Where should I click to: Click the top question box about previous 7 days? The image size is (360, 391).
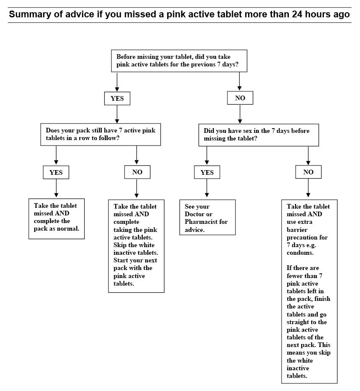coord(179,61)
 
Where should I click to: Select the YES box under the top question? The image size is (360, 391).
coord(117,99)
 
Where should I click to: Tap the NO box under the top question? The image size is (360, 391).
coord(240,99)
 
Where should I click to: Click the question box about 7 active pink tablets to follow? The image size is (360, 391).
coord(100,134)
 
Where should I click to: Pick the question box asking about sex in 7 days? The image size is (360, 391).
coord(258,135)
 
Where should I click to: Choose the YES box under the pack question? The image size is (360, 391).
coord(56,172)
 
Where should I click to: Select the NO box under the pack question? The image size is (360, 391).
coord(137,172)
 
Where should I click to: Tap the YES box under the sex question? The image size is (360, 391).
coord(207,172)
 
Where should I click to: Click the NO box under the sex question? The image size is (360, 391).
coord(308,172)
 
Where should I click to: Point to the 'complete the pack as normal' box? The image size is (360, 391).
coord(56,218)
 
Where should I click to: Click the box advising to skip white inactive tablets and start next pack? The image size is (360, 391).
coord(136,245)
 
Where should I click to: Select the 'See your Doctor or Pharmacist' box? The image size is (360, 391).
coord(207,218)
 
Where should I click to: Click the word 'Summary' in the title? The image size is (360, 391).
coord(29,14)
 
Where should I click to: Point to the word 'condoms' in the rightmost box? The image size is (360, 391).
coord(300,253)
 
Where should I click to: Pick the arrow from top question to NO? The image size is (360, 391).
coord(240,82)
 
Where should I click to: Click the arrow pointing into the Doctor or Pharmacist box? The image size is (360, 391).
coord(207,189)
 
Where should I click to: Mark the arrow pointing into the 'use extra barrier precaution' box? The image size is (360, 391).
coord(308,189)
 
